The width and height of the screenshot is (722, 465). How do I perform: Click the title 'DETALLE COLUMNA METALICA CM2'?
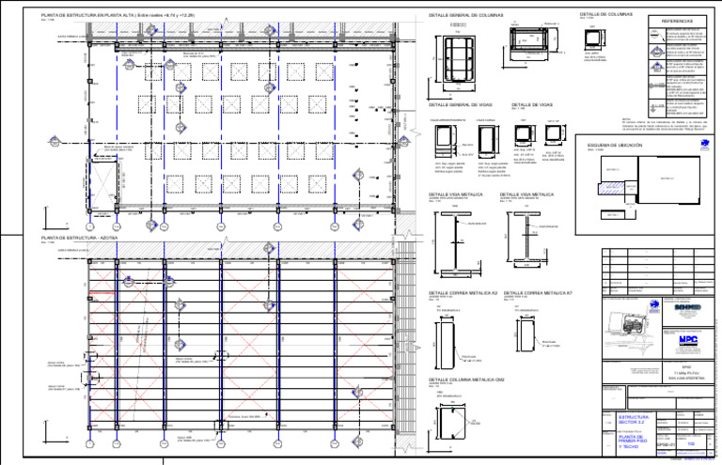[466, 380]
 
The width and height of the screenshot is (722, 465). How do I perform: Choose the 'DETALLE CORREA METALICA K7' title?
[542, 293]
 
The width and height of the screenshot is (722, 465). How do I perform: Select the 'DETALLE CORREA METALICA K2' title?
[464, 293]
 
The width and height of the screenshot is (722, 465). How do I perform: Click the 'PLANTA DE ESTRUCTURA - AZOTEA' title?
[84, 239]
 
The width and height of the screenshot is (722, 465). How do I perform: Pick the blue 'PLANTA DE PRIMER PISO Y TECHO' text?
[636, 442]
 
